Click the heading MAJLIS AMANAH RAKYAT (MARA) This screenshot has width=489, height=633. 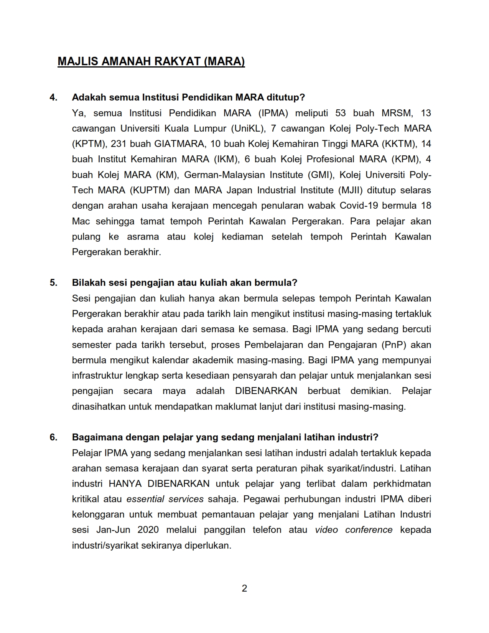(151, 61)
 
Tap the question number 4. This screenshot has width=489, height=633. (53, 97)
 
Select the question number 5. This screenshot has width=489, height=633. (53, 283)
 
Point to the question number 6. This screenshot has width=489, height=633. (53, 437)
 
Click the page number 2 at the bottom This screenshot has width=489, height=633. (244, 588)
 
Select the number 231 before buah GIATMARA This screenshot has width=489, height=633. (119, 144)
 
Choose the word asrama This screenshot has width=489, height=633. (143, 237)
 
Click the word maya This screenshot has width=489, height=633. (174, 391)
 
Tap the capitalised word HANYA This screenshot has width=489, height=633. (125, 484)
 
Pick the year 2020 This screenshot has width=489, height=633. (148, 530)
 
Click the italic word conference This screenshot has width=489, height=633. (369, 530)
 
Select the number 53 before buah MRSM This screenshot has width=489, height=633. (341, 113)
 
